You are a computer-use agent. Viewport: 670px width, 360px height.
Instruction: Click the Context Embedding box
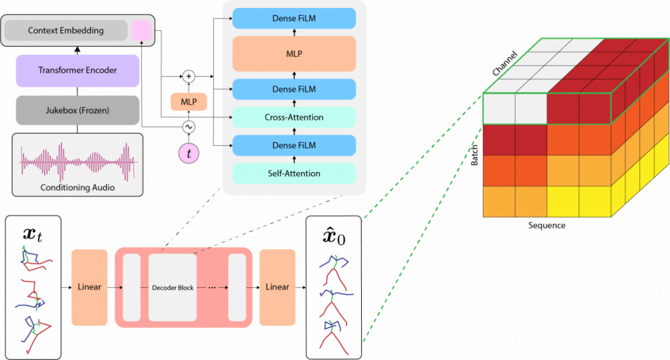click(66, 30)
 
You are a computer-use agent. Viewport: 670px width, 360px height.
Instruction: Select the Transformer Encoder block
click(77, 71)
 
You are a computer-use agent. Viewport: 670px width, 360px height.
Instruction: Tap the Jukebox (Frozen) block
click(77, 111)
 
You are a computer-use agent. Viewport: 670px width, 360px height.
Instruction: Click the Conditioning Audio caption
click(77, 187)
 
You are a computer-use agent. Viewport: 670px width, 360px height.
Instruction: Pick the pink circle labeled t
click(189, 153)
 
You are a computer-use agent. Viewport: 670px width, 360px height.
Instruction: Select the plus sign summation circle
click(189, 77)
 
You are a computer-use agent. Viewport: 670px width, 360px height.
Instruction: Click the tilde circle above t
click(189, 127)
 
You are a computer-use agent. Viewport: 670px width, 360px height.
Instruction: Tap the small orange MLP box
click(189, 102)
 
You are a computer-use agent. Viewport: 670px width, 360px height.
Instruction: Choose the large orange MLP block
click(294, 54)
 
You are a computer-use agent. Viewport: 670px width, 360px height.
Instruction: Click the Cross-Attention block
click(294, 117)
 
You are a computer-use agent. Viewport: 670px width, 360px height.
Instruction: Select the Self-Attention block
click(294, 173)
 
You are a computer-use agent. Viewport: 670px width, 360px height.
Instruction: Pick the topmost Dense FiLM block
click(294, 18)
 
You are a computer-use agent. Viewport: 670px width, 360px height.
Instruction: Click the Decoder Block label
click(173, 288)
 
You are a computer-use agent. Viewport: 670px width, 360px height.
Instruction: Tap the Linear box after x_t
click(89, 287)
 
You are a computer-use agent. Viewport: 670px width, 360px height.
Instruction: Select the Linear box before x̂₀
click(277, 287)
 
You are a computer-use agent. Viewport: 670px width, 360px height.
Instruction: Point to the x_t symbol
click(33, 234)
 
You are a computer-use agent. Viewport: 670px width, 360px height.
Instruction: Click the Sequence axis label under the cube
click(547, 225)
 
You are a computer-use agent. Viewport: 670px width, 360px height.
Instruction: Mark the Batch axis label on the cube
click(474, 155)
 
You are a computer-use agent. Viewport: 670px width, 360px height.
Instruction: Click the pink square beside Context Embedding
click(141, 30)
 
